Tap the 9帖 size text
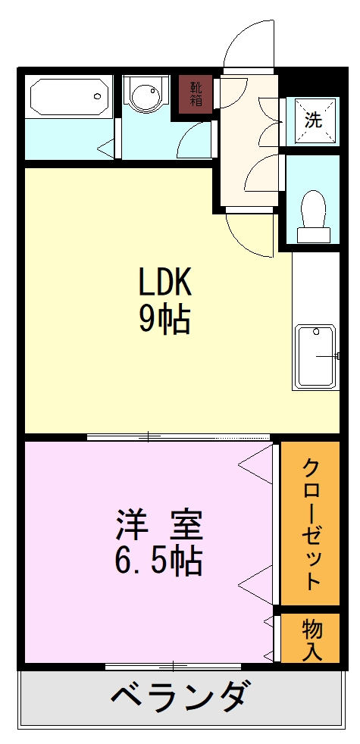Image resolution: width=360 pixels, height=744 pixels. tap(164, 320)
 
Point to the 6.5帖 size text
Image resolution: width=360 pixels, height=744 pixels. tap(158, 561)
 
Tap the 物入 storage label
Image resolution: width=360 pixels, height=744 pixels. tap(311, 638)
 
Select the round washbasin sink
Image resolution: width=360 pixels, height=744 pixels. tap(145, 97)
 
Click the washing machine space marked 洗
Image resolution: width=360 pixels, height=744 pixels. tap(313, 119)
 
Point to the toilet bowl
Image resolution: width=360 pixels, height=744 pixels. tap(312, 211)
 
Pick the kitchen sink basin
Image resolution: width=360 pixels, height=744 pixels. tap(314, 355)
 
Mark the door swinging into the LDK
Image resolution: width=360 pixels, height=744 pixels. tap(250, 233)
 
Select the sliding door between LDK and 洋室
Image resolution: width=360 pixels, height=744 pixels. tap(178, 436)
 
